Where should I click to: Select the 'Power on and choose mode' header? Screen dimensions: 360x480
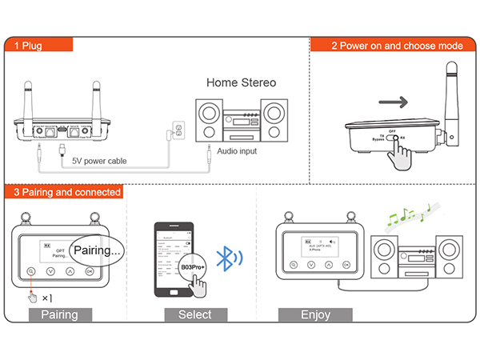(397, 45)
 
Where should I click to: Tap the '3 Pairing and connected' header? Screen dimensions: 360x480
(66, 192)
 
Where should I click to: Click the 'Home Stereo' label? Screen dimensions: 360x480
(241, 82)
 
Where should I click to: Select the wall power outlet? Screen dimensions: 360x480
(179, 128)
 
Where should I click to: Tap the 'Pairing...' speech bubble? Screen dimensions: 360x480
(96, 250)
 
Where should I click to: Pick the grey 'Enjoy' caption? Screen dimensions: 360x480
(315, 314)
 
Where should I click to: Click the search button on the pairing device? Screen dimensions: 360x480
(30, 271)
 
